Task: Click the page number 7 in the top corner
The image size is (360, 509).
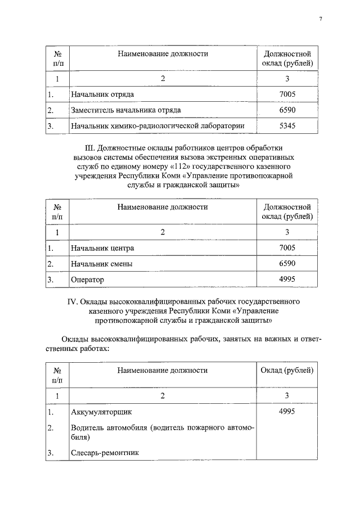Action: coord(320,19)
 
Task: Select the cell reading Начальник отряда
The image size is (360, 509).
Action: coord(102,94)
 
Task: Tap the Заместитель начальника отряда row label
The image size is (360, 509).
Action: coord(125,110)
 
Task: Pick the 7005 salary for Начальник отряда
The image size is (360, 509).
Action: coord(287,94)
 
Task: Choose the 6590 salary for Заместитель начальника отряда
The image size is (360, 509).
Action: coord(287,110)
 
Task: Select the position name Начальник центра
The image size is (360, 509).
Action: coord(102,247)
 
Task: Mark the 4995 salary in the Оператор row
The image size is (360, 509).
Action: coord(287,279)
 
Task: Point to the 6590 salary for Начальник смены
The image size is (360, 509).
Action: coord(287,263)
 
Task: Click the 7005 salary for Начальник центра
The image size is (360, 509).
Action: coord(287,247)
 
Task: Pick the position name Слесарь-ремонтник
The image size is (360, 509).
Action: coord(105,452)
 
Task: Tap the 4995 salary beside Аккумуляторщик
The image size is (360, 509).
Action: coord(287,412)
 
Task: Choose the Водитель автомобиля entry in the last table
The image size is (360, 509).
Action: coord(106,429)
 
